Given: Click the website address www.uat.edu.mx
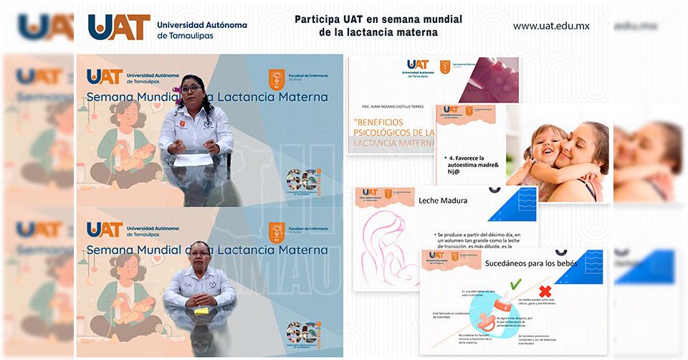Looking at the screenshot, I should pyautogui.click(x=551, y=26).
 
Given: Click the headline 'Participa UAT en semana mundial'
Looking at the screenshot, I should pyautogui.click(x=378, y=19).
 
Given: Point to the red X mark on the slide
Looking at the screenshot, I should pyautogui.click(x=545, y=293).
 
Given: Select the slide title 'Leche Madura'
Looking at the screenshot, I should pyautogui.click(x=443, y=201).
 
